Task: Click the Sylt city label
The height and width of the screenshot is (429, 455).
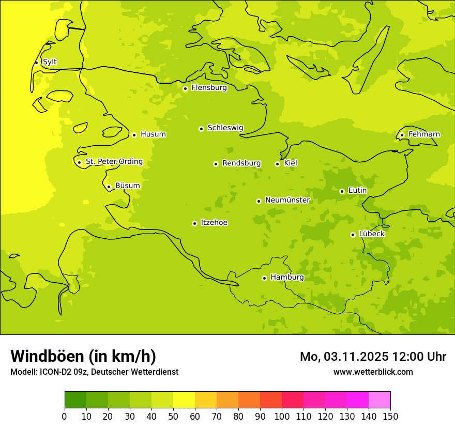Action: pyautogui.click(x=50, y=62)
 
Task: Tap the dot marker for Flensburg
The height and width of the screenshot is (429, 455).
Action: pyautogui.click(x=185, y=88)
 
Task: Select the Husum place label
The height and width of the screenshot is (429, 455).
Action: pyautogui.click(x=153, y=134)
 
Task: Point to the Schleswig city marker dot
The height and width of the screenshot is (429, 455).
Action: pyautogui.click(x=201, y=129)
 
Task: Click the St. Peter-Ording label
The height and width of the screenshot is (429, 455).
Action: pyautogui.click(x=114, y=162)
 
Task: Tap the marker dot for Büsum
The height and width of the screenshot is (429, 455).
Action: pyautogui.click(x=109, y=187)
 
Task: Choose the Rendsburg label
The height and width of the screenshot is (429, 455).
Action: pyautogui.click(x=241, y=163)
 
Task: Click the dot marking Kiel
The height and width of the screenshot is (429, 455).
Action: pyautogui.click(x=277, y=164)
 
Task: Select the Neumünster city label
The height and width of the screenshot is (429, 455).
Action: pyautogui.click(x=287, y=200)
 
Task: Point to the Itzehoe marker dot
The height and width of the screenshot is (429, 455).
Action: pyautogui.click(x=194, y=223)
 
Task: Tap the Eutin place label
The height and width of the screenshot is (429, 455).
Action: pyautogui.click(x=357, y=191)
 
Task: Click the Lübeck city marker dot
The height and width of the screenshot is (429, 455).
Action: pyautogui.click(x=353, y=235)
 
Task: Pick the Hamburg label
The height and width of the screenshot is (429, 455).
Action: pyautogui.click(x=287, y=278)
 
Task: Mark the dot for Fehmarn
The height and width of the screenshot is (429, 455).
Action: pyautogui.click(x=402, y=135)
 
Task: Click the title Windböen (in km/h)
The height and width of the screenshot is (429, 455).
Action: pyautogui.click(x=83, y=356)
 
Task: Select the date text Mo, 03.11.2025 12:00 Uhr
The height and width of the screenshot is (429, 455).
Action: pyautogui.click(x=373, y=357)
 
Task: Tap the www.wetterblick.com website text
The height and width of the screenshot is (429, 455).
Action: pyautogui.click(x=373, y=372)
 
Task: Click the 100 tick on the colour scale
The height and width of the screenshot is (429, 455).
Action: pyautogui.click(x=282, y=416)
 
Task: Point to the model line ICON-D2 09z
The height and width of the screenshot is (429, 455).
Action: pyautogui.click(x=94, y=372)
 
